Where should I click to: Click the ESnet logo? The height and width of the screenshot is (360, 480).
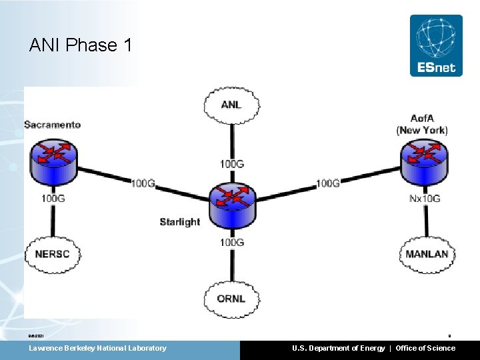point(436,45)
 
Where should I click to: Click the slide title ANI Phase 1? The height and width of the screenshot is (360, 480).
point(81,45)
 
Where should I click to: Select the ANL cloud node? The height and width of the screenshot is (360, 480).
point(231,105)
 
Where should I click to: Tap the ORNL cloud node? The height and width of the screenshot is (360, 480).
point(231,298)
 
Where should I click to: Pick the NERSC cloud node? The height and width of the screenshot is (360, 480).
point(52,254)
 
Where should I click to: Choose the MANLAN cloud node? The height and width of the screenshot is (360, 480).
point(427,254)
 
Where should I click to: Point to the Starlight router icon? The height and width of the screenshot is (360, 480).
point(231,201)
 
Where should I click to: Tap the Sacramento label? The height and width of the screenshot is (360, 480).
point(52,125)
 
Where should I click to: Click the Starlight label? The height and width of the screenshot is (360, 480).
point(179,222)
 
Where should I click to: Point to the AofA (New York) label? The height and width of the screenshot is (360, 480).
point(422,125)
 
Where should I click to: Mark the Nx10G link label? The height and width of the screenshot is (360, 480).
point(425,199)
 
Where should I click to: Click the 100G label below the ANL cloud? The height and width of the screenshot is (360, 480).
point(231,163)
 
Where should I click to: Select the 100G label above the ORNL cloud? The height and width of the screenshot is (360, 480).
point(231,242)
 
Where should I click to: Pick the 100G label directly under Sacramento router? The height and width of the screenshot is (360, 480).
point(53,198)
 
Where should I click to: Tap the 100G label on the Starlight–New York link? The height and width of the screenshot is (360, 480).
point(327,183)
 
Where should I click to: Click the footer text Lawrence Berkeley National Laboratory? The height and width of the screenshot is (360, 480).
point(97,348)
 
